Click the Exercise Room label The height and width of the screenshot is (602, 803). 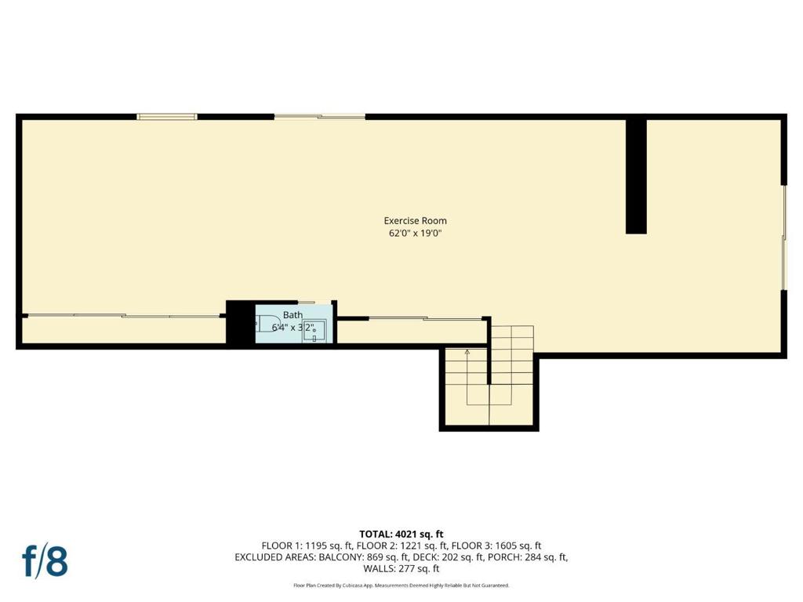tap(415, 221)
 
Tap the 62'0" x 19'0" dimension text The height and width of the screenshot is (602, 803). tap(415, 234)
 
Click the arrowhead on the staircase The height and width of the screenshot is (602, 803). tap(467, 353)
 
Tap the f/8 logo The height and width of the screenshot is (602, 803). tap(45, 561)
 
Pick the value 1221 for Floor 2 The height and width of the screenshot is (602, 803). tap(414, 546)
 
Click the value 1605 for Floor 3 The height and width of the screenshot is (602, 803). tap(511, 546)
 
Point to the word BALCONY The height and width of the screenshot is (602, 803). tap(343, 557)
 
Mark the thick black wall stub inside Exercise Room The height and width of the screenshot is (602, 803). tap(636, 176)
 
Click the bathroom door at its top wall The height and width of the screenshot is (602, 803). tap(306, 303)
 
